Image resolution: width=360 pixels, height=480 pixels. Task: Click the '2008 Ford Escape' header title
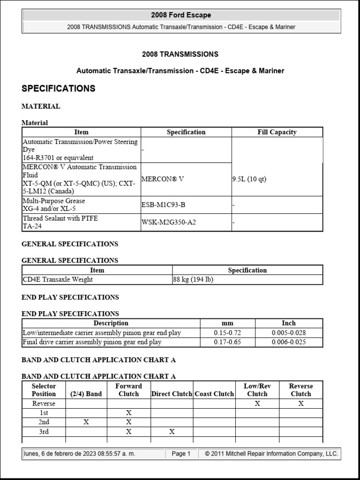181,15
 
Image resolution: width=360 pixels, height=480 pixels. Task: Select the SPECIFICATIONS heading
59,89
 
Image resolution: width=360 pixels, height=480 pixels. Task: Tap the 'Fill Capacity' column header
277,132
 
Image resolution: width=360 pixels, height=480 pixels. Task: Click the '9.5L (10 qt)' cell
249,179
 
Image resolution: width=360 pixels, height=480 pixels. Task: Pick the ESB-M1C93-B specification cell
163,204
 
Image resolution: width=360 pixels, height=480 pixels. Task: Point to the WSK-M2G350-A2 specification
169,222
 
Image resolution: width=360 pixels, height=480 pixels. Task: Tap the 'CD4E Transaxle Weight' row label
58,279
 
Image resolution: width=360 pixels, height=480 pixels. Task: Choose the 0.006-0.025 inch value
288,342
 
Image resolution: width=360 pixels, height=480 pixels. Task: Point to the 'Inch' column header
288,323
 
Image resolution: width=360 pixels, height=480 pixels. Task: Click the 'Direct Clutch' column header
172,394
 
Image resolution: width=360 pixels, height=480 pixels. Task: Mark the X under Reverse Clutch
300,403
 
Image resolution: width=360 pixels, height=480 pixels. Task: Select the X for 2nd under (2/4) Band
86,422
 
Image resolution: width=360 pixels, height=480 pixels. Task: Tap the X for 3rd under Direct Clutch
172,431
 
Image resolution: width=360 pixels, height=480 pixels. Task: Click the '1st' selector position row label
44,412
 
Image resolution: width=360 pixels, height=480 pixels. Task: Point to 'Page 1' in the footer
181,454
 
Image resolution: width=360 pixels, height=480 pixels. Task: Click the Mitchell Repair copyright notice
271,454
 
